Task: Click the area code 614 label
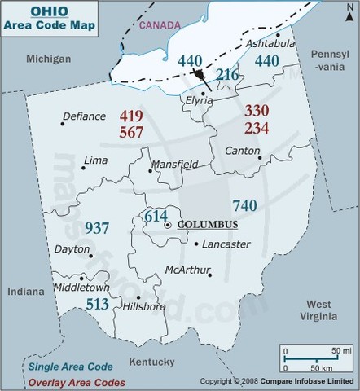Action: (155, 216)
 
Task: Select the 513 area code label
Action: (99, 304)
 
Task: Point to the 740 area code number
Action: (246, 204)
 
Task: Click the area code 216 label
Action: (227, 77)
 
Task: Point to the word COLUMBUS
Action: (208, 224)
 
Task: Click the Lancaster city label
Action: (225, 244)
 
